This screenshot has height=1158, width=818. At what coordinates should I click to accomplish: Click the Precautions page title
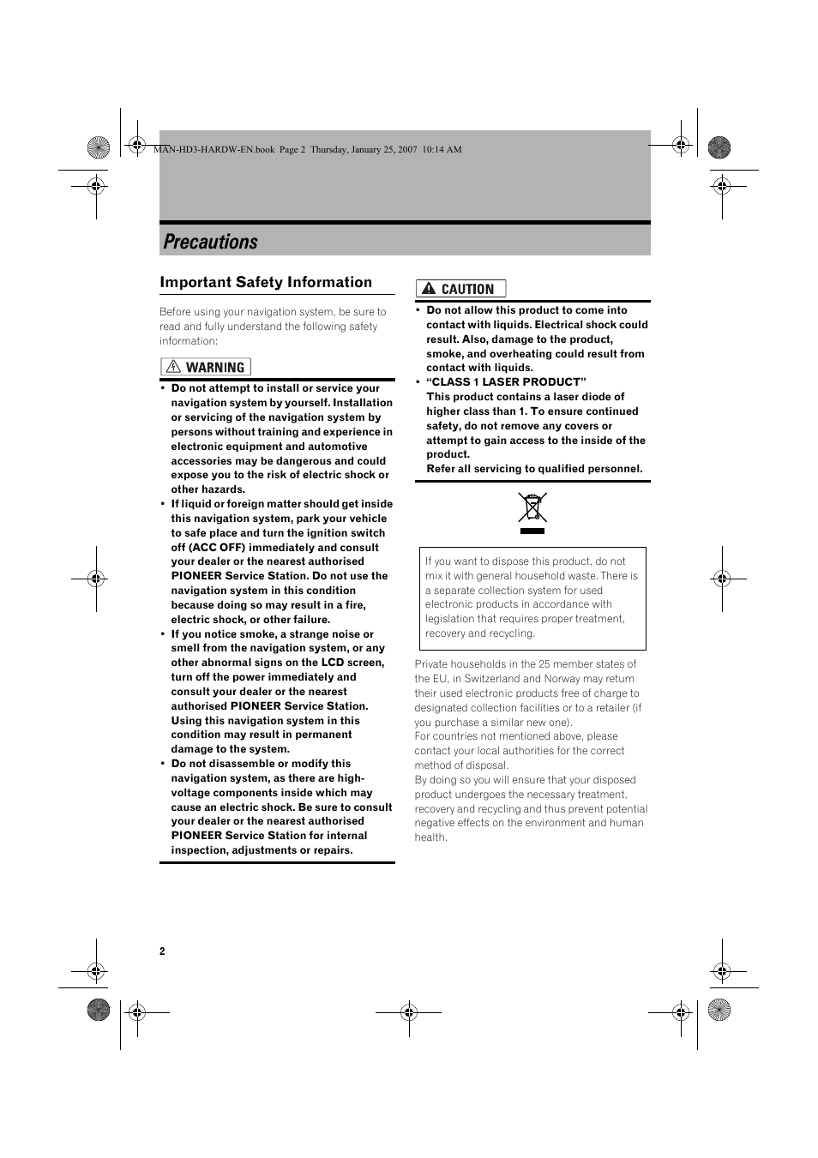[x=210, y=243]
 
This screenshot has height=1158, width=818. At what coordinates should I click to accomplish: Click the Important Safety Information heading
[x=266, y=283]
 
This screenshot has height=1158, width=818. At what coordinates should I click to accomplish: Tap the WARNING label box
[x=206, y=367]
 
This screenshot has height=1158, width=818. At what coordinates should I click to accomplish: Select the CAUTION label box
[x=460, y=289]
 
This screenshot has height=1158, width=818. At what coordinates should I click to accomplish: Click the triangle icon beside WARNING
[x=174, y=367]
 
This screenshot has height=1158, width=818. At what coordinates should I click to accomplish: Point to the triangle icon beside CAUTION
[x=429, y=289]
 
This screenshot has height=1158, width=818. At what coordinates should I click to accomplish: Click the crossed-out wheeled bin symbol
[x=532, y=507]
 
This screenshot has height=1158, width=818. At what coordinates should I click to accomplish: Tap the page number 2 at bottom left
[x=162, y=951]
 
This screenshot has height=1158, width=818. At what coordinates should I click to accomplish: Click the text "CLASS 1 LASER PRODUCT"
[x=506, y=382]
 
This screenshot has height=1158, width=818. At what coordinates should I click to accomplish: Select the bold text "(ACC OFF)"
[x=217, y=548]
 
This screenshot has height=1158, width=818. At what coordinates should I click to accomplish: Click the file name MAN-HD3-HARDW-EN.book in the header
[x=214, y=149]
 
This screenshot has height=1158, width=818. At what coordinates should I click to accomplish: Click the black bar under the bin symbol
[x=532, y=531]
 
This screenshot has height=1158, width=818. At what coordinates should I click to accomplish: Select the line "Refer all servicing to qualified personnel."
[x=534, y=469]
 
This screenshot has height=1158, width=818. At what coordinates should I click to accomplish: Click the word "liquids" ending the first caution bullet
[x=514, y=368]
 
